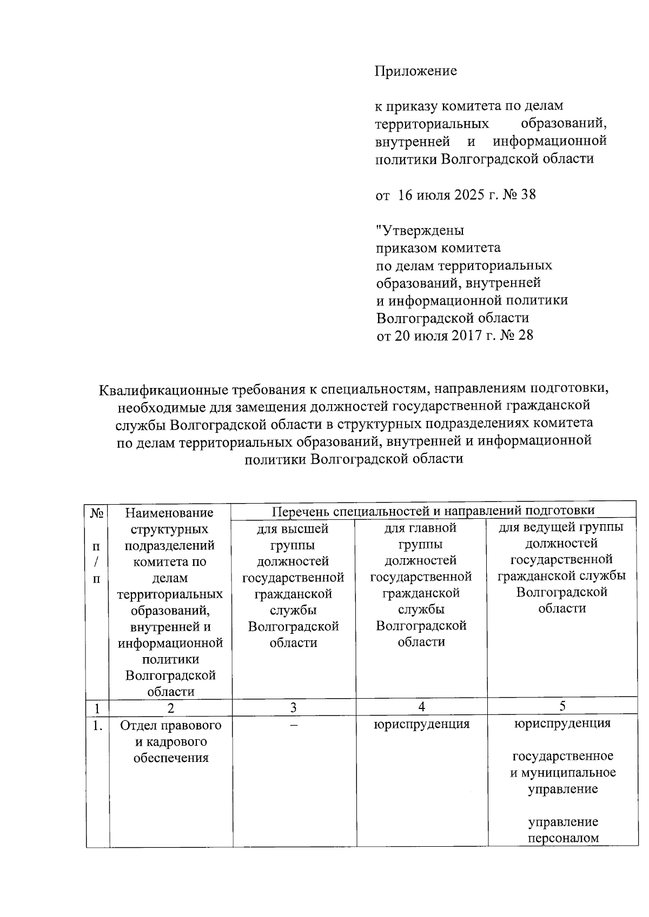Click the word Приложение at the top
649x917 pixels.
click(416, 71)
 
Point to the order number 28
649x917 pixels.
click(525, 336)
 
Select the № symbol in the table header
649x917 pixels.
click(97, 512)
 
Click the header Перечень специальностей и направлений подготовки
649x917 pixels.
click(433, 511)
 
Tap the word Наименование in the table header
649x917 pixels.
click(169, 512)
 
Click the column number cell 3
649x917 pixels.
click(293, 707)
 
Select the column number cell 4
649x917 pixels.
click(421, 707)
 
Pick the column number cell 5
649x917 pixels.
click(562, 706)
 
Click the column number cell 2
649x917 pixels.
click(170, 707)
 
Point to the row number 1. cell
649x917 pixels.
click(97, 726)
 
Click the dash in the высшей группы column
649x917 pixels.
click(293, 725)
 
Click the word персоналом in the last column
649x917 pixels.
click(563, 839)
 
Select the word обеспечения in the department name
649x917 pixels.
click(171, 758)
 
